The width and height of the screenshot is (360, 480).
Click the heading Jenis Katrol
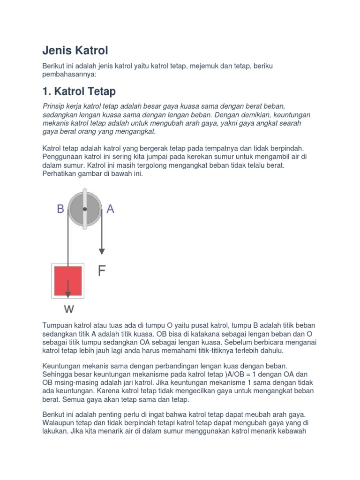coord(75,50)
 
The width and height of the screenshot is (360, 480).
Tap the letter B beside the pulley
coord(60,209)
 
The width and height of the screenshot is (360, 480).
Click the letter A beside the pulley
coord(111,209)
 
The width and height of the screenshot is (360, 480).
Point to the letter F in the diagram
coord(102,271)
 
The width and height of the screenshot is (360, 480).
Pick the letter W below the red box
coord(68,309)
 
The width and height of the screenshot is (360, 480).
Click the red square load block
coord(68,281)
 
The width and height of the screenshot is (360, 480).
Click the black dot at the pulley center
coord(85,209)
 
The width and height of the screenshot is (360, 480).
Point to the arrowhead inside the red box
coord(68,294)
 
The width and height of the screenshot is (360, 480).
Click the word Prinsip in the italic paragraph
coord(54,106)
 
